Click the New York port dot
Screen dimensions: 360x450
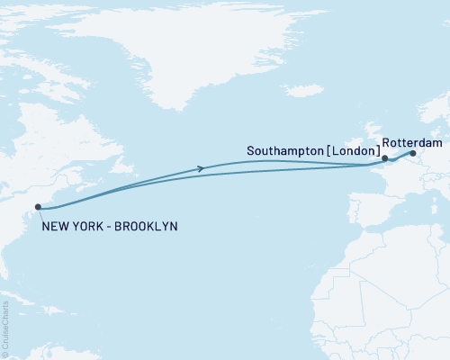(39, 207)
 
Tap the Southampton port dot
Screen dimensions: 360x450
(384, 159)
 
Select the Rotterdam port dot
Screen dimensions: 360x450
(413, 153)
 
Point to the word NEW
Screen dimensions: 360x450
(55, 225)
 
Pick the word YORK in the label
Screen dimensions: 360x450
(85, 225)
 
